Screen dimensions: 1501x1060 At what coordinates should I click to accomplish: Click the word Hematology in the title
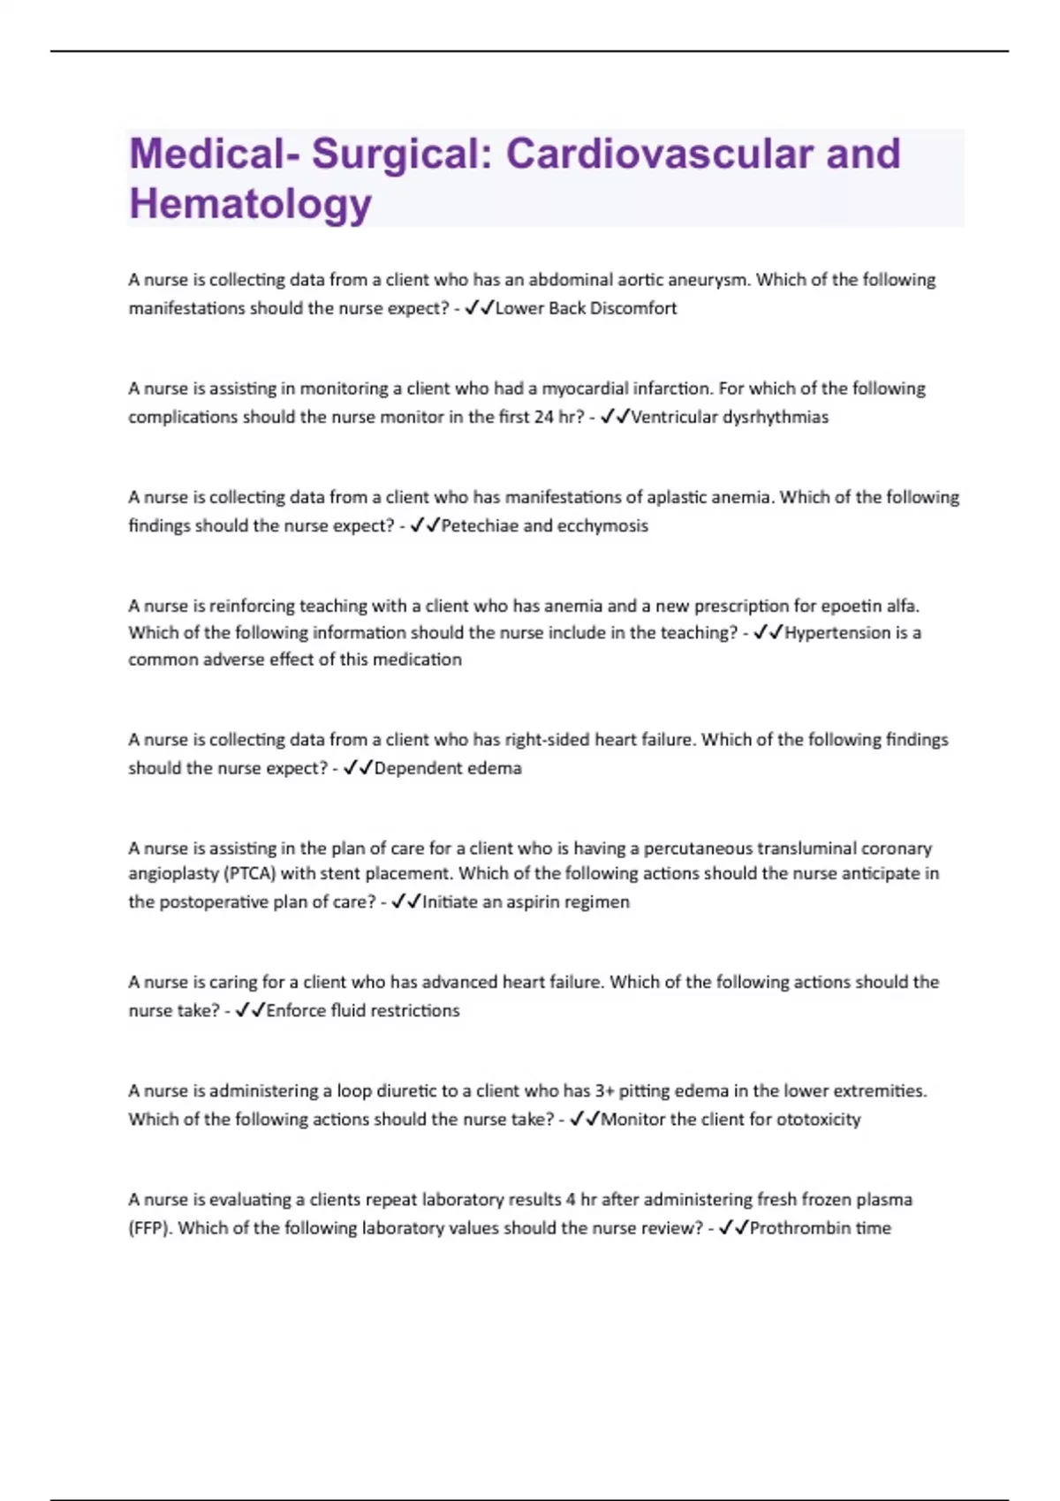pos(250,203)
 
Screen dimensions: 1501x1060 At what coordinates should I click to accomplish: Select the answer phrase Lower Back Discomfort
pos(586,308)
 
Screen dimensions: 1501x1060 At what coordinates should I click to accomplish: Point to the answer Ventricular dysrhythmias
pos(730,417)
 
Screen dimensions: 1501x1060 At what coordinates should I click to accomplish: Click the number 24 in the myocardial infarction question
pos(543,417)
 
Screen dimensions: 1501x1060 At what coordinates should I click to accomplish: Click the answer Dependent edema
pos(448,768)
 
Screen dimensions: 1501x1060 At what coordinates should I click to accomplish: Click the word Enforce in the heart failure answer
pos(295,1010)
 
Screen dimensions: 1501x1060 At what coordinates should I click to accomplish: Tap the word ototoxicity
pos(818,1119)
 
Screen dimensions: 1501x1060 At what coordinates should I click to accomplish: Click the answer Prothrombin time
pos(820,1227)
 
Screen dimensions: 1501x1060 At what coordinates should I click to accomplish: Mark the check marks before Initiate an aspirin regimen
pos(405,901)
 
